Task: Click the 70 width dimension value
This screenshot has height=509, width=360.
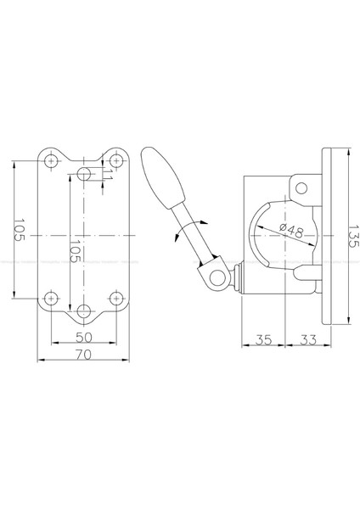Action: (83, 355)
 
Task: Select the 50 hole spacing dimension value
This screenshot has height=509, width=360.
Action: (84, 338)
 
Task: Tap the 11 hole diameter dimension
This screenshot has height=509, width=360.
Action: (109, 175)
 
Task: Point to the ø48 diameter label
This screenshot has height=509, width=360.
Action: (291, 231)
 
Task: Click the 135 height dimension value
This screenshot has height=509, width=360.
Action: (353, 236)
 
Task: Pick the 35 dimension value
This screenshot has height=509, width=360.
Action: (263, 340)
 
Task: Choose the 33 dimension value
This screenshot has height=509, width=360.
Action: (307, 340)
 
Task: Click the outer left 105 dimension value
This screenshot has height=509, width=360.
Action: (20, 230)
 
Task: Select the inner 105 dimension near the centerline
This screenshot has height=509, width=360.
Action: (76, 251)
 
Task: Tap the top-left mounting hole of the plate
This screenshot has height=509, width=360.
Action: (51, 160)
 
